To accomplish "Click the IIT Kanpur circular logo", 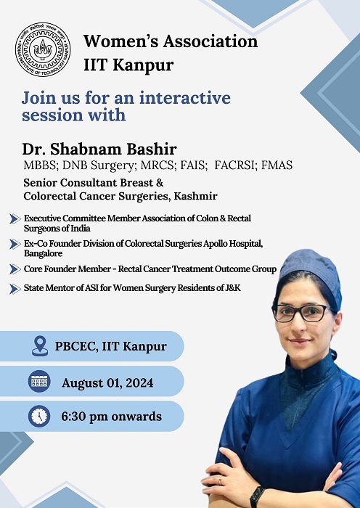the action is coord(43,49).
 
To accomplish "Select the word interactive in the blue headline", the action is coord(185,97).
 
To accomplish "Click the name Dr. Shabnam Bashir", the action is coord(99,149).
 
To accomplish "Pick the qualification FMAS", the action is coord(277,165).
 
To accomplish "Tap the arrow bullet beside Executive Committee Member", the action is coord(15,219).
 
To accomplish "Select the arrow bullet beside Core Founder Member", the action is coord(15,269).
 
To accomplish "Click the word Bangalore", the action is coord(43,253).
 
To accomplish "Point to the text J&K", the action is coord(233,287).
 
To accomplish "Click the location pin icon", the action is coord(40,346).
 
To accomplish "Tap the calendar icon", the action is coord(39,381).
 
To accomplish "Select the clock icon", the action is coord(39,416).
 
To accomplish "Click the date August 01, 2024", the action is coord(107,383).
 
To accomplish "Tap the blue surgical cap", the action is coord(309,275).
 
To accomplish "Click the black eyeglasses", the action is coord(302,313).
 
